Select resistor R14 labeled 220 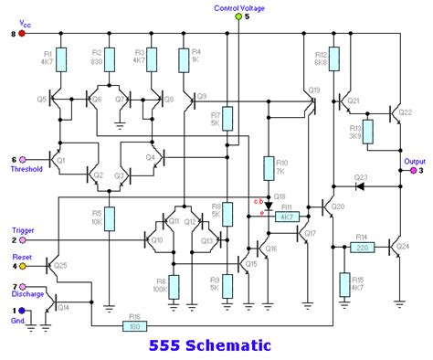(x=363, y=247)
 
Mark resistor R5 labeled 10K (x=109, y=217)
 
